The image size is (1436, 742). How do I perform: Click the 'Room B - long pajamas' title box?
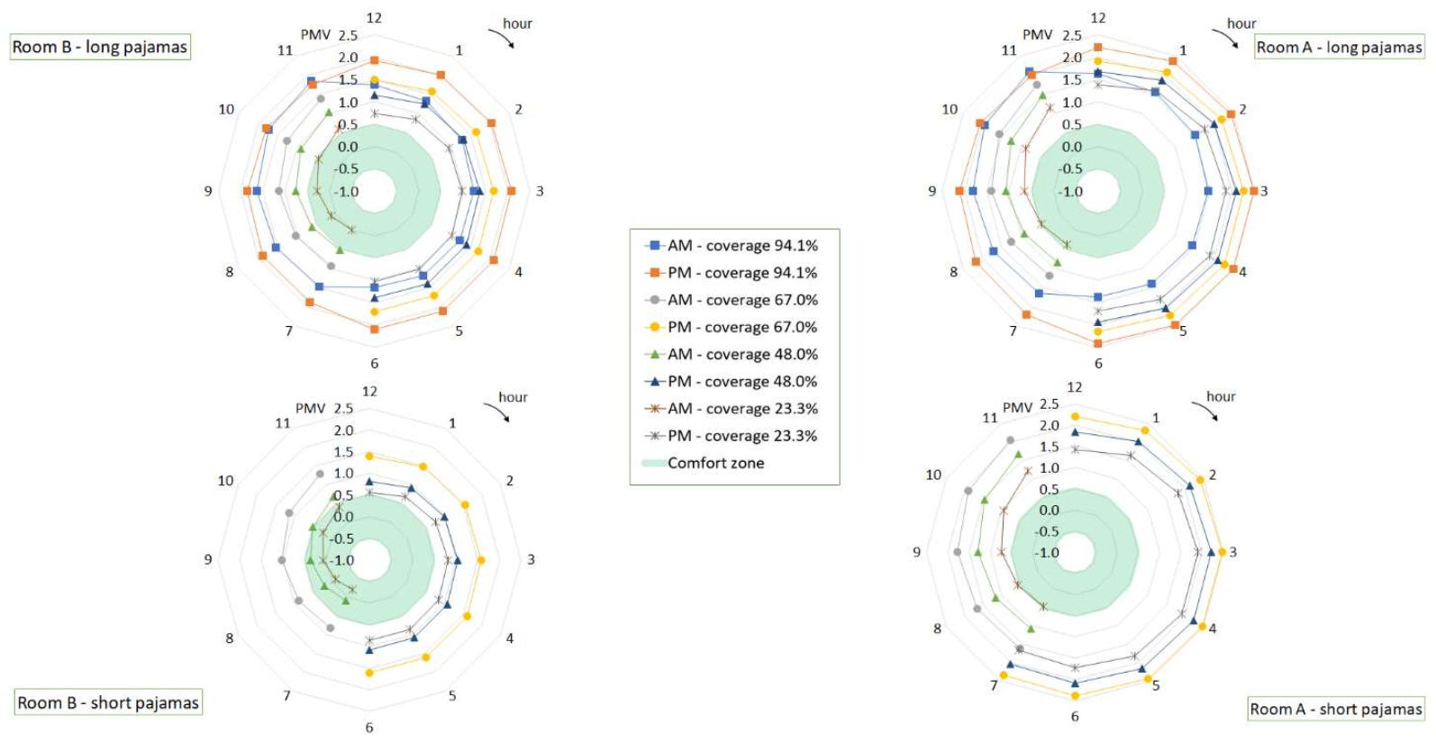pos(100,47)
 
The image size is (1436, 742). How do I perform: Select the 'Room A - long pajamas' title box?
pos(1339,47)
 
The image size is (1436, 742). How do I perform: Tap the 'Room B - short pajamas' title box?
pos(108,702)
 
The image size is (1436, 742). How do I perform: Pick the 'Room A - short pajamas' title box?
pos(1335,709)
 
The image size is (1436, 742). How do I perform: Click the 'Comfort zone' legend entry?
pos(715,463)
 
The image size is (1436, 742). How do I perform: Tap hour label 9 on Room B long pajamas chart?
pos(208,191)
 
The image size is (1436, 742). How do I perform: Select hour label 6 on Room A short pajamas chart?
pos(1075,717)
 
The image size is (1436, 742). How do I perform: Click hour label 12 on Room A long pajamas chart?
pos(1098,18)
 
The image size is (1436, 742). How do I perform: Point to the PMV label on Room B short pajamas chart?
pos(310,408)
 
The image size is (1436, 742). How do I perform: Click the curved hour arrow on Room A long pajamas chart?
pos(1225,39)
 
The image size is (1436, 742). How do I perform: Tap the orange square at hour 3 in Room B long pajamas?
pos(511,191)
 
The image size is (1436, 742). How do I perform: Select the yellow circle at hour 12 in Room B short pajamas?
pos(368,456)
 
